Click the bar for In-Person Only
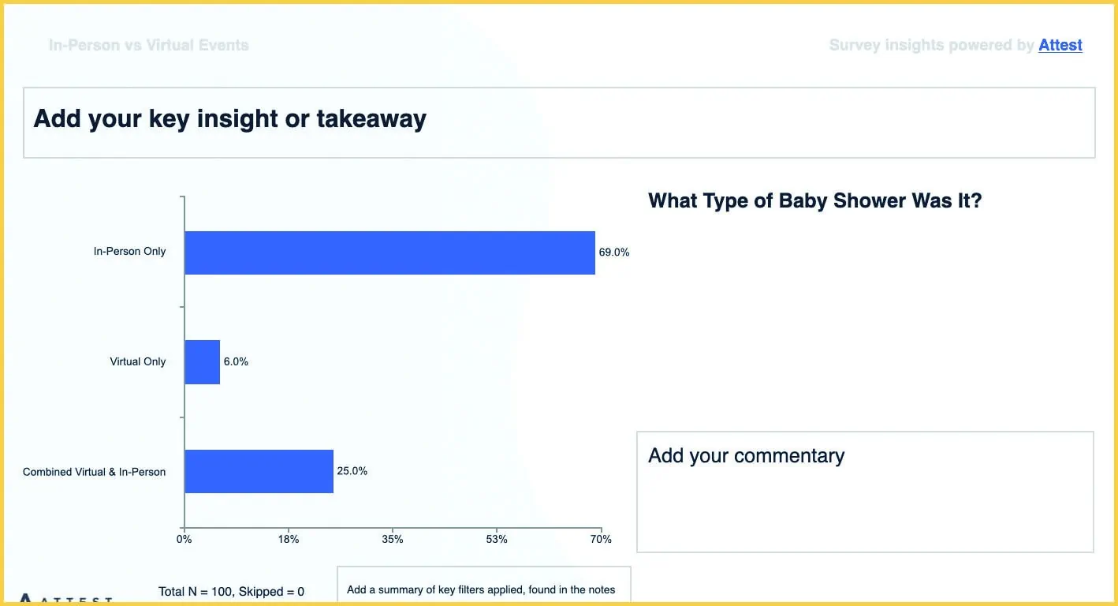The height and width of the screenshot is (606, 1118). (x=389, y=252)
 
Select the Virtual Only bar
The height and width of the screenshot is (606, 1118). (x=202, y=362)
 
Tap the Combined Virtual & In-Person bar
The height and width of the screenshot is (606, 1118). (x=259, y=471)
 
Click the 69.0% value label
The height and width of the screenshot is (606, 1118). (x=614, y=252)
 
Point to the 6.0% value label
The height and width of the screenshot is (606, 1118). (x=236, y=362)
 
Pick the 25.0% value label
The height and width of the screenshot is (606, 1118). (x=352, y=471)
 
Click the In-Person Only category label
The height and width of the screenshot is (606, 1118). (x=129, y=252)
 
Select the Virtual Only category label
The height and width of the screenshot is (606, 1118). (x=138, y=362)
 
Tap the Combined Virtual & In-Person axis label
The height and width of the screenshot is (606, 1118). (x=94, y=472)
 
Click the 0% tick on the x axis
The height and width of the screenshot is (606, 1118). (x=184, y=540)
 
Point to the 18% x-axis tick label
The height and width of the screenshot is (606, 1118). (x=289, y=540)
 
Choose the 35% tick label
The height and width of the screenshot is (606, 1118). (x=393, y=540)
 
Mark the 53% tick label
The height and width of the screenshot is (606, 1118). (x=497, y=540)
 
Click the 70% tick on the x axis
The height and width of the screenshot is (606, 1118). (x=601, y=540)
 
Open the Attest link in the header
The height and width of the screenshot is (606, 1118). (x=1060, y=46)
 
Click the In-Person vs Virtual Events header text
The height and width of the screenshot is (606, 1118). (x=148, y=46)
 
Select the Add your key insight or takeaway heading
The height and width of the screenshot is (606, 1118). (x=229, y=119)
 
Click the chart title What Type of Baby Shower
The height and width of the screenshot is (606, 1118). (x=814, y=200)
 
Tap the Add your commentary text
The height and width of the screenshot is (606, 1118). (x=746, y=456)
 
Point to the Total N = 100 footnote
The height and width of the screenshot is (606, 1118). (x=231, y=592)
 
